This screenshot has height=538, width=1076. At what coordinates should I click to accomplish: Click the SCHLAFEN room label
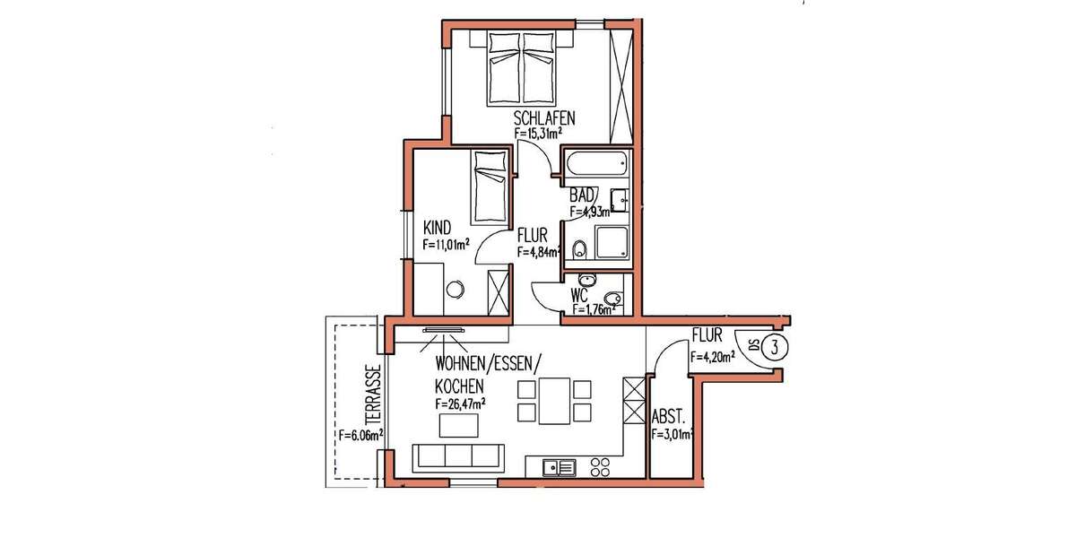tap(544, 117)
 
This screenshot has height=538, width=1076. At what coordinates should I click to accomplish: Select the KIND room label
tap(436, 227)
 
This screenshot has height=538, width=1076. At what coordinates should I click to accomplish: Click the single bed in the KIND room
tap(489, 187)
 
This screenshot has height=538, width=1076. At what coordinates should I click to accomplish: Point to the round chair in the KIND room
tap(456, 289)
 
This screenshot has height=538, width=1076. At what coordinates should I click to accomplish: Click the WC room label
tap(579, 295)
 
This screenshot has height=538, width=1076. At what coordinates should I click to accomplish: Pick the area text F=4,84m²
tap(539, 252)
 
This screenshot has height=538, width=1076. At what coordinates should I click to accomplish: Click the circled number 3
tap(772, 345)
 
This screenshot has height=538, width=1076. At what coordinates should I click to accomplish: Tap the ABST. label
tap(670, 417)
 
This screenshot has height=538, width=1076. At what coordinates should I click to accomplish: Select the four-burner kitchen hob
tap(600, 466)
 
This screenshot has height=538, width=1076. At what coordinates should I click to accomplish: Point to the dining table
tap(553, 401)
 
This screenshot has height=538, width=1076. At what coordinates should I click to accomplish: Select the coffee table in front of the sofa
tap(457, 428)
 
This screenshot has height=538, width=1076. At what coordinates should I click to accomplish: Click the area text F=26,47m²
tap(461, 404)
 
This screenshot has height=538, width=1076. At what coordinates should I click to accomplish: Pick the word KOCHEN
tap(460, 386)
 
